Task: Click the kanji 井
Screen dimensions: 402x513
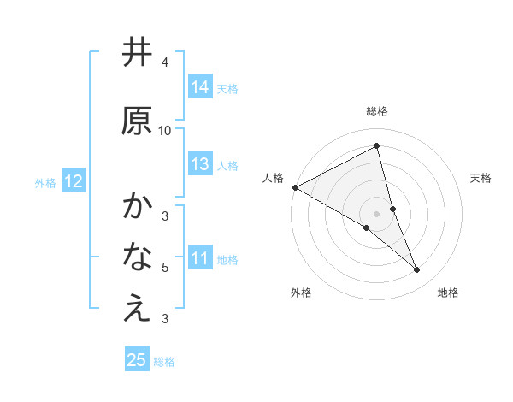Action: (137, 53)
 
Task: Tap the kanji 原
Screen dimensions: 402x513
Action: (137, 121)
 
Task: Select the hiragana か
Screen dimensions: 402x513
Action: (137, 206)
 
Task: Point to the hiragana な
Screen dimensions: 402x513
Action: (137, 257)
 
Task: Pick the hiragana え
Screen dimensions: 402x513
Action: (137, 309)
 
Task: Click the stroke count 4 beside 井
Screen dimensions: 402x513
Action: (165, 62)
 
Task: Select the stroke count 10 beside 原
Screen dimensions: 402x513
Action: (165, 130)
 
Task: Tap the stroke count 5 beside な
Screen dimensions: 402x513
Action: (165, 268)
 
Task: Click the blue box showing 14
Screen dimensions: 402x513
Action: (200, 87)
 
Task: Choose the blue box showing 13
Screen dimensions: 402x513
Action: (200, 164)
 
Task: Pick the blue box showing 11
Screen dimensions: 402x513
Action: (200, 258)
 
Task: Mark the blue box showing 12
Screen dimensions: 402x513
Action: (73, 181)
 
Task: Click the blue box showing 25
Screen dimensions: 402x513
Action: (137, 360)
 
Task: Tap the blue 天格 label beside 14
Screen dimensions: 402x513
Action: (227, 88)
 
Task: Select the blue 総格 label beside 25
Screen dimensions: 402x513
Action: (164, 362)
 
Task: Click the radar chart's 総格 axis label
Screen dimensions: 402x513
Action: (377, 111)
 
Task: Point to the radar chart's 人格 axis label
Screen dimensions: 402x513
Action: (274, 178)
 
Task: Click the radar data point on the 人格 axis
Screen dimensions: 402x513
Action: (295, 187)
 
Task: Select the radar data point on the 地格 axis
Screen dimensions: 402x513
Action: (417, 270)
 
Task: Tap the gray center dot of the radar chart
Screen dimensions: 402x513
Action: (377, 213)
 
